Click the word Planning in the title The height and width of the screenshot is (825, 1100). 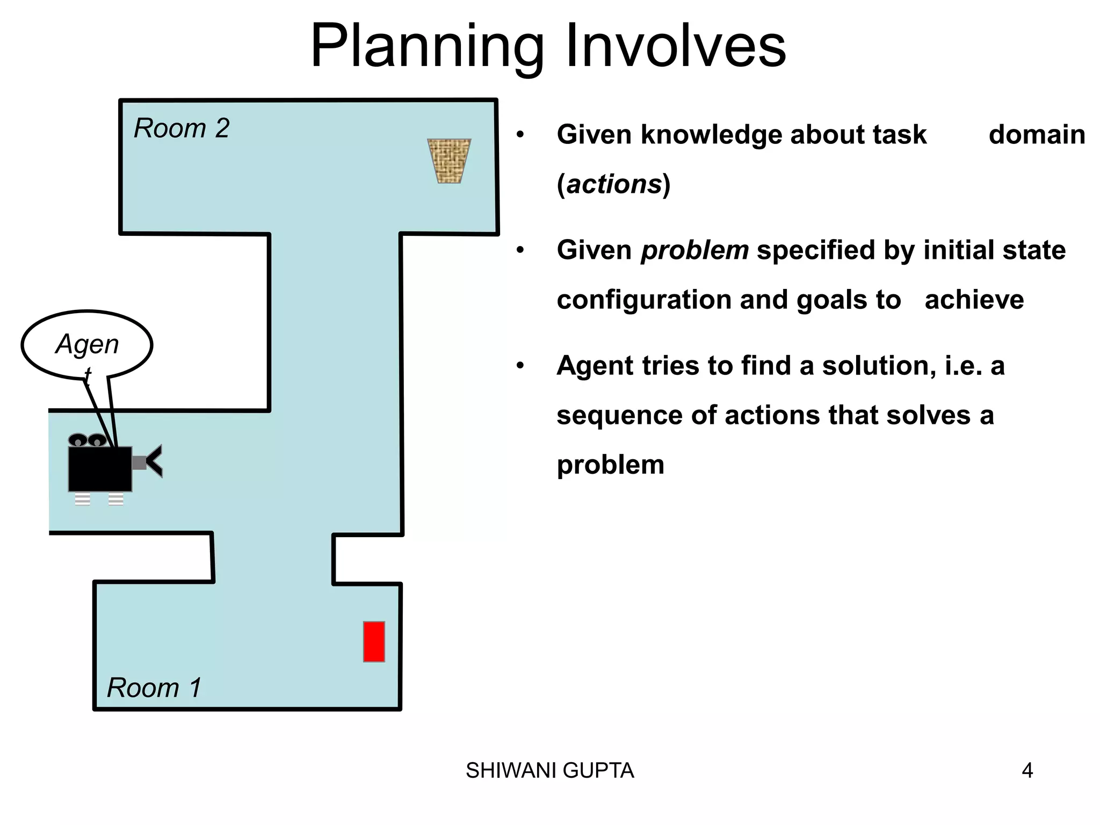click(x=427, y=47)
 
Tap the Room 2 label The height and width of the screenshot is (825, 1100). click(x=182, y=128)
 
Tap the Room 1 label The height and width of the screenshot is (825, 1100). click(x=154, y=687)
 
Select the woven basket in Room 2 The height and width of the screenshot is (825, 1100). click(x=449, y=161)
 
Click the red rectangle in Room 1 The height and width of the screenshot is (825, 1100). click(x=374, y=641)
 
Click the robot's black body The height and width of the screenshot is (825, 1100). click(x=100, y=469)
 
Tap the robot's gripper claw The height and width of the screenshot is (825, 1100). click(x=154, y=461)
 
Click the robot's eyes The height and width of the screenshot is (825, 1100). click(x=88, y=440)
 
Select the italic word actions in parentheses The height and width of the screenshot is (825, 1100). click(x=614, y=184)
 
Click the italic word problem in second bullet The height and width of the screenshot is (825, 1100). click(x=695, y=250)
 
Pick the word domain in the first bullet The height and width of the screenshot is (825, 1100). click(x=1037, y=135)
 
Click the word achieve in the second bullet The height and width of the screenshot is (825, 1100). click(x=974, y=300)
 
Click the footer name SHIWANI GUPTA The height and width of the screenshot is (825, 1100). click(x=549, y=771)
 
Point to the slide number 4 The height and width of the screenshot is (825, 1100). click(x=1027, y=771)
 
